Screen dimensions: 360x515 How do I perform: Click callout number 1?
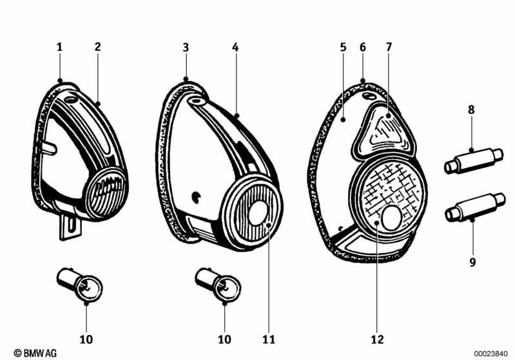point(59,46)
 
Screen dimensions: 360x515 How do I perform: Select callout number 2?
point(97,46)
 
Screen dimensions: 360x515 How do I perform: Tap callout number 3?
point(186,47)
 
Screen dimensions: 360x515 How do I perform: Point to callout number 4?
point(236,47)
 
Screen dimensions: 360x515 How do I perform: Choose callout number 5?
point(343,47)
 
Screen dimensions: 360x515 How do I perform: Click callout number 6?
point(363,47)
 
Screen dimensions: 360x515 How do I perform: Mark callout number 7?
point(389,47)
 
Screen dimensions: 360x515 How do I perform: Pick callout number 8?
point(471,110)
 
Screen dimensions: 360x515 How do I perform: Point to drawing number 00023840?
point(492,353)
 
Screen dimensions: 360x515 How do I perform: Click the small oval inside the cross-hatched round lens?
point(391,218)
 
